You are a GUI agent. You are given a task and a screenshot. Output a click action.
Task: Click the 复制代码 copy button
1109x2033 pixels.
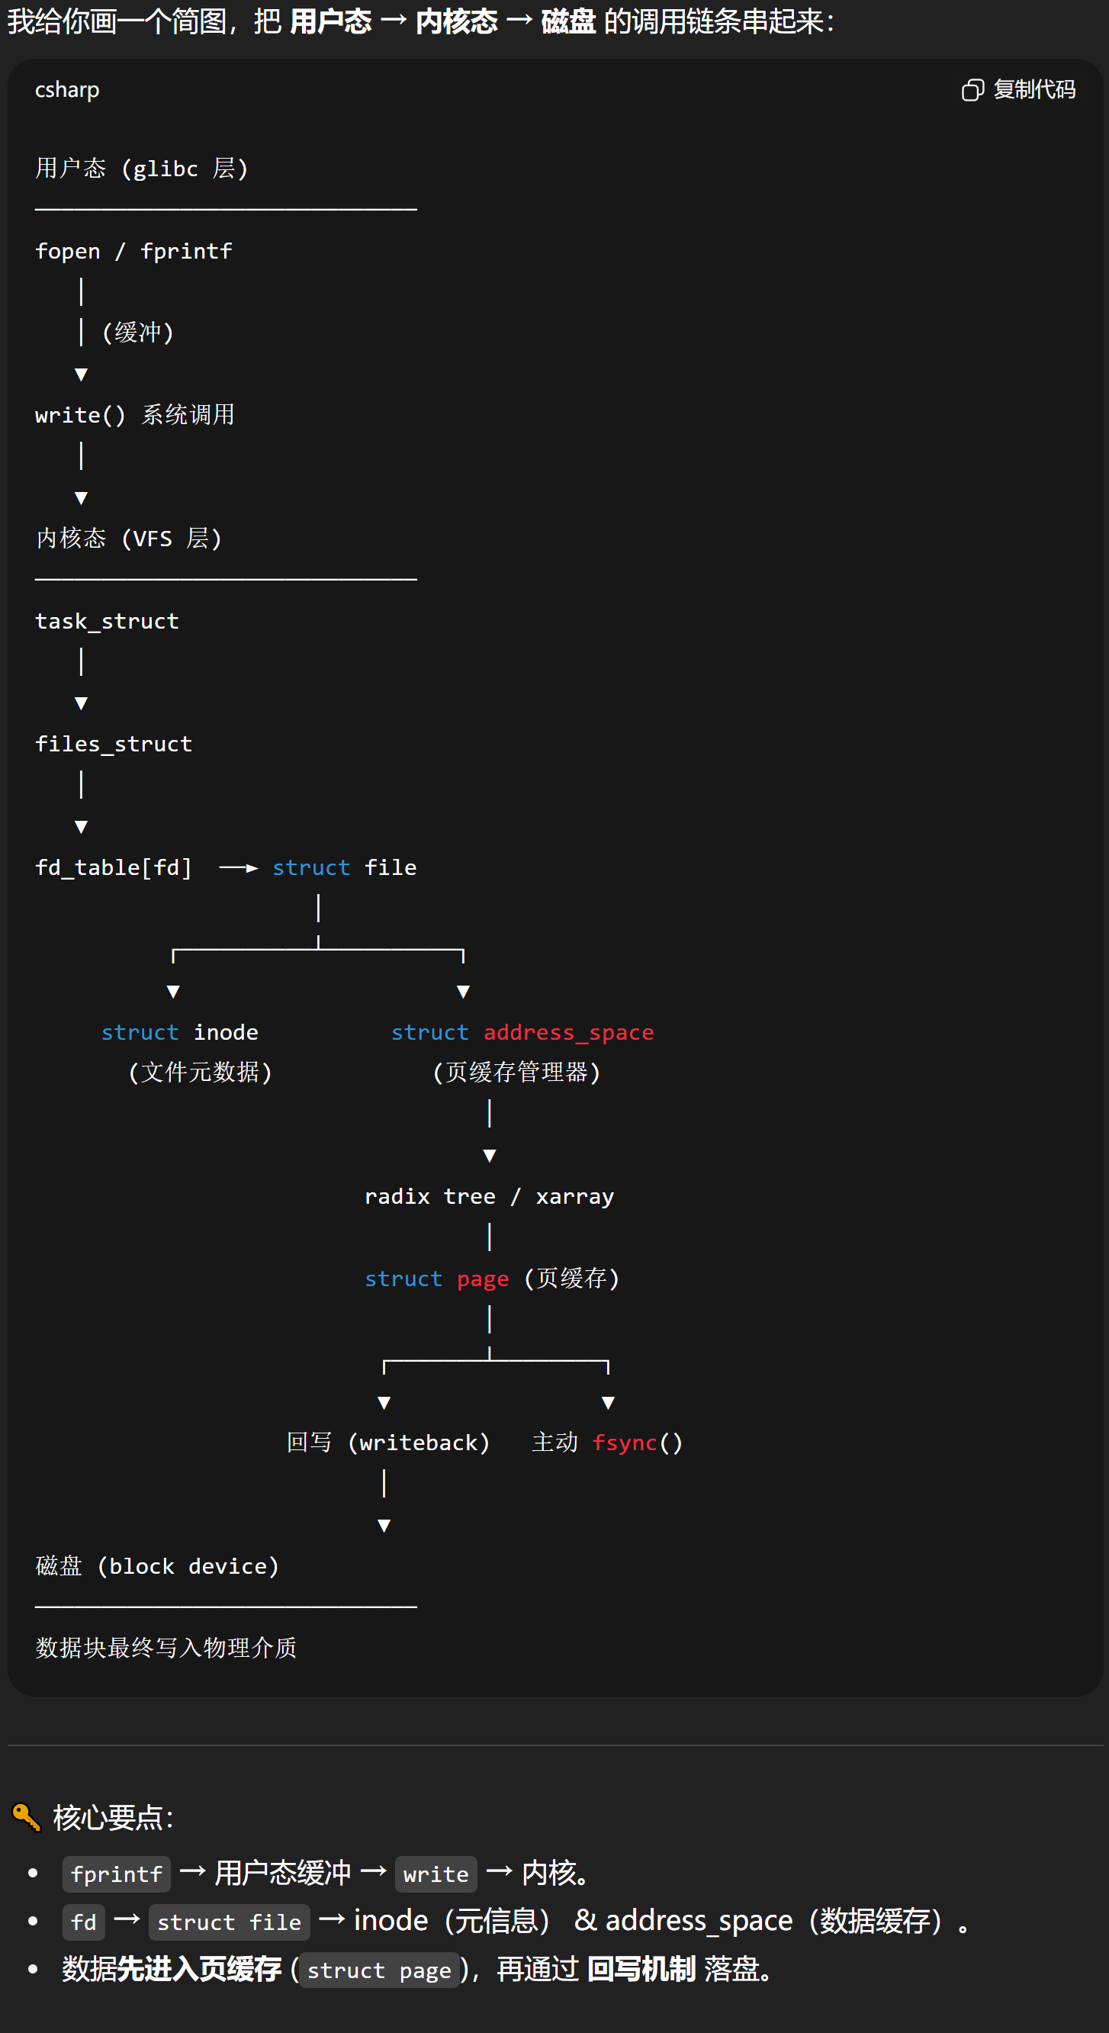[1018, 90]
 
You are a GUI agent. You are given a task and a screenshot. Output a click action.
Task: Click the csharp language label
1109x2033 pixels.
[67, 90]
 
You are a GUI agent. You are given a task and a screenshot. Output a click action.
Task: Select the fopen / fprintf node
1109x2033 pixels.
[133, 251]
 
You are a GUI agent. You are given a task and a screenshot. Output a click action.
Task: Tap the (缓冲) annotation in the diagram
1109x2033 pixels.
[138, 333]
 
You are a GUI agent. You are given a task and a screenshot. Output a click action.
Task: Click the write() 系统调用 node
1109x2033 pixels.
[134, 415]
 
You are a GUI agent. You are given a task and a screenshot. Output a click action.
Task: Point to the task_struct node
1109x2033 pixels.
[107, 621]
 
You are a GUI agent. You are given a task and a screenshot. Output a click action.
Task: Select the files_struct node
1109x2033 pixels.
[114, 745]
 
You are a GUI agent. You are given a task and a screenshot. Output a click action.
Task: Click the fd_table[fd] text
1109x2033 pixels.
[114, 867]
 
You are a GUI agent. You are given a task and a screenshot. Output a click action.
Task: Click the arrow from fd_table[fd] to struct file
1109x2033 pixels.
[239, 868]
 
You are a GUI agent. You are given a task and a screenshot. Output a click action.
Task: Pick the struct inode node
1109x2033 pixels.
[180, 1032]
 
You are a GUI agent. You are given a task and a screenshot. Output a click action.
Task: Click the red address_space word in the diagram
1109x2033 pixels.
[568, 1032]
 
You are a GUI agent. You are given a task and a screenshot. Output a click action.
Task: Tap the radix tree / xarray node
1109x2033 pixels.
[490, 1196]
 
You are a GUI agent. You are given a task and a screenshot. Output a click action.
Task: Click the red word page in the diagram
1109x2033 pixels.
[483, 1279]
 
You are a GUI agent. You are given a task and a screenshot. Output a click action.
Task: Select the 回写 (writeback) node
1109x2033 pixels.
[387, 1443]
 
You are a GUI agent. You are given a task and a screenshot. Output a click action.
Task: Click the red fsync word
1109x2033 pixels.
[625, 1443]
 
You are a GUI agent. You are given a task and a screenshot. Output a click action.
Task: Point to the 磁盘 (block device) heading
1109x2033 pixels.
[157, 1566]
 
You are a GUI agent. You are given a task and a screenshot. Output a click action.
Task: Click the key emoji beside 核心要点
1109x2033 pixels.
[26, 1817]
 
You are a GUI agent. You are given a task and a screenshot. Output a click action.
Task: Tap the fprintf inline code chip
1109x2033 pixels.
[116, 1874]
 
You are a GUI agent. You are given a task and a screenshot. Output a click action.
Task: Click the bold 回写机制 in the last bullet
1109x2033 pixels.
[641, 1969]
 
